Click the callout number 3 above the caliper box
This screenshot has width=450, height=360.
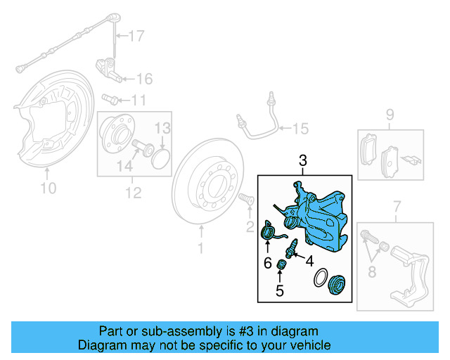coord(303,161)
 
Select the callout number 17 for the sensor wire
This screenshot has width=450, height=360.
coord(136,34)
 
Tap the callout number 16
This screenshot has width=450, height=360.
coord(143,78)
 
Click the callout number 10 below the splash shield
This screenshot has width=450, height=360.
coord(47,188)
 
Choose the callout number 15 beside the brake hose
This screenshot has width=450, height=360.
coord(300,128)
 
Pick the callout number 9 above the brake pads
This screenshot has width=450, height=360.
coord(389,114)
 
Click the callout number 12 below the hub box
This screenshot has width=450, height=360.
coord(133,191)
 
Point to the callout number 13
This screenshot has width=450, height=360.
coord(162,128)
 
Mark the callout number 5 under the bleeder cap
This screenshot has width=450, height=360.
coord(279,289)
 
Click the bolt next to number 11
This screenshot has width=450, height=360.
coord(110,98)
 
